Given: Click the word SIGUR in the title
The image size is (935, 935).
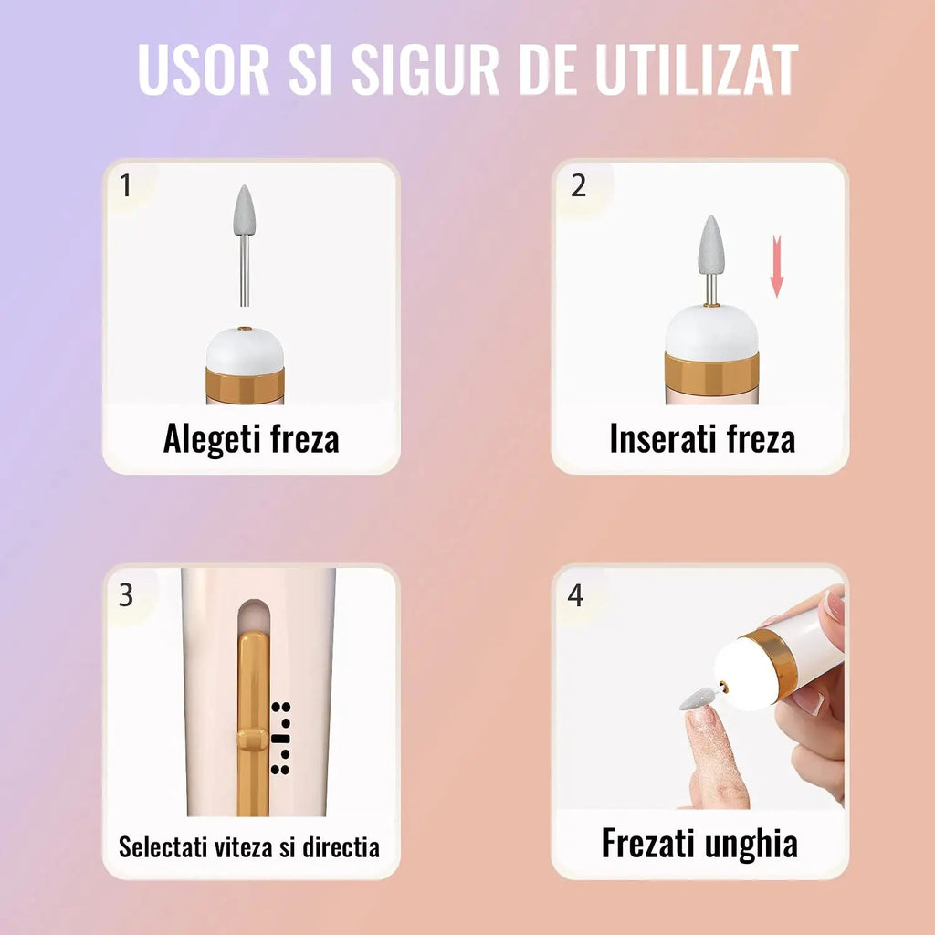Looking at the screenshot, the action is (425, 68).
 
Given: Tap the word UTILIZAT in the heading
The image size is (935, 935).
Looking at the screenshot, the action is (696, 68).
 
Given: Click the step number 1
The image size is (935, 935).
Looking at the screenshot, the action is (125, 185).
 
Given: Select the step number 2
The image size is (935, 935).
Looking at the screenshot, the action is (578, 186).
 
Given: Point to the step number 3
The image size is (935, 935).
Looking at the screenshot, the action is (126, 595).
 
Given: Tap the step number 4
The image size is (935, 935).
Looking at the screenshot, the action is (575, 595).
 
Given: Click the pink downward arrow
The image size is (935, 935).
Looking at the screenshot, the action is (776, 266).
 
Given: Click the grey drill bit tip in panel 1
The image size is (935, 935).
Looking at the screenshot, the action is (244, 211).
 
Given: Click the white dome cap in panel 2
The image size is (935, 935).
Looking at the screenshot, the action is (711, 331).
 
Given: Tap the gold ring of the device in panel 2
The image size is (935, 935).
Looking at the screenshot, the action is (711, 373).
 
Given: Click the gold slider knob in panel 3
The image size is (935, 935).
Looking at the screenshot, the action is (252, 740).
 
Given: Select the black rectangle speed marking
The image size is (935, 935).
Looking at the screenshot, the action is (280, 739).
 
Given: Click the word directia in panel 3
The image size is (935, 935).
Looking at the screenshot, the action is (341, 846).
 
